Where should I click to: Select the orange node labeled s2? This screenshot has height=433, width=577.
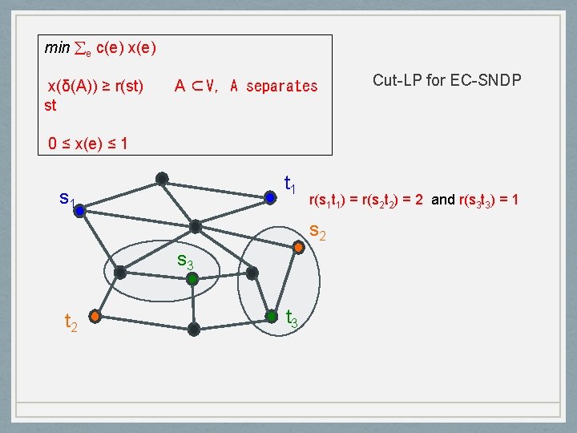click(298, 248)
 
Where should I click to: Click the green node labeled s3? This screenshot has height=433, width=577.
click(192, 280)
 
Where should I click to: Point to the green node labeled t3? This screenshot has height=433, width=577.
click(272, 317)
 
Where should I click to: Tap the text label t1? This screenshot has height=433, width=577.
click(291, 185)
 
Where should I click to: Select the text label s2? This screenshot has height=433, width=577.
click(317, 233)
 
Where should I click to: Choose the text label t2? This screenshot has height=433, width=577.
click(71, 322)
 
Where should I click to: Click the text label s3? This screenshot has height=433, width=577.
click(185, 261)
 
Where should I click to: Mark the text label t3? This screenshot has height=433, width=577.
click(293, 318)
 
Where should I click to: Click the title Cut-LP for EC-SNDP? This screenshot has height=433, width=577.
click(447, 80)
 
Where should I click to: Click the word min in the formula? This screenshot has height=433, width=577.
click(57, 48)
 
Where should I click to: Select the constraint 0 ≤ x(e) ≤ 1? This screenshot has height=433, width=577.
click(88, 144)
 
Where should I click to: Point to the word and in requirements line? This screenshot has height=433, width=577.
click(442, 199)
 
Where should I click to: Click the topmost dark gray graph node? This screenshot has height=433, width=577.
click(162, 178)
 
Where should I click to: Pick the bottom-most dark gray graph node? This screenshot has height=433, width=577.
click(194, 329)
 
